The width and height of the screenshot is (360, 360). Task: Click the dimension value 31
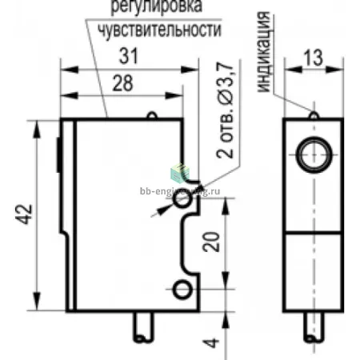[x=128, y=56]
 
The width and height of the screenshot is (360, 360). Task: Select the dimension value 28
[x=122, y=83]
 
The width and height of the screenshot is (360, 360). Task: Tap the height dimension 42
[x=24, y=214]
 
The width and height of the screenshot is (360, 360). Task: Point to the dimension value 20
[x=211, y=242]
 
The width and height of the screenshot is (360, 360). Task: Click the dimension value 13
[x=313, y=58]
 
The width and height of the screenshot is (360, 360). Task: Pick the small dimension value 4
[x=211, y=343]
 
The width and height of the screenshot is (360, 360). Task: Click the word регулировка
[x=157, y=6]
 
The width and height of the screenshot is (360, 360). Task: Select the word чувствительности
[x=160, y=30]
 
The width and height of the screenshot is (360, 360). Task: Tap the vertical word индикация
[x=264, y=52]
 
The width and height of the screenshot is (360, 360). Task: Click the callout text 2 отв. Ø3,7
[x=225, y=110]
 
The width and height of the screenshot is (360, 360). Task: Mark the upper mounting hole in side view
[x=182, y=199]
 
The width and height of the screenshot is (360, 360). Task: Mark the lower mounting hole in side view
[x=182, y=290]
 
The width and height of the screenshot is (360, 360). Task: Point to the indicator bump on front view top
[x=314, y=115]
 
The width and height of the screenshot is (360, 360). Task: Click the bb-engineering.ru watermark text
[x=180, y=191]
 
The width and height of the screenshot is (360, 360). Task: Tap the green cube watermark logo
[x=180, y=174]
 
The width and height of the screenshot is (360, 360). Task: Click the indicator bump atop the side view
[x=152, y=115]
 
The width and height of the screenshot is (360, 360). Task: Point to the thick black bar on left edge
[x=58, y=154]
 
